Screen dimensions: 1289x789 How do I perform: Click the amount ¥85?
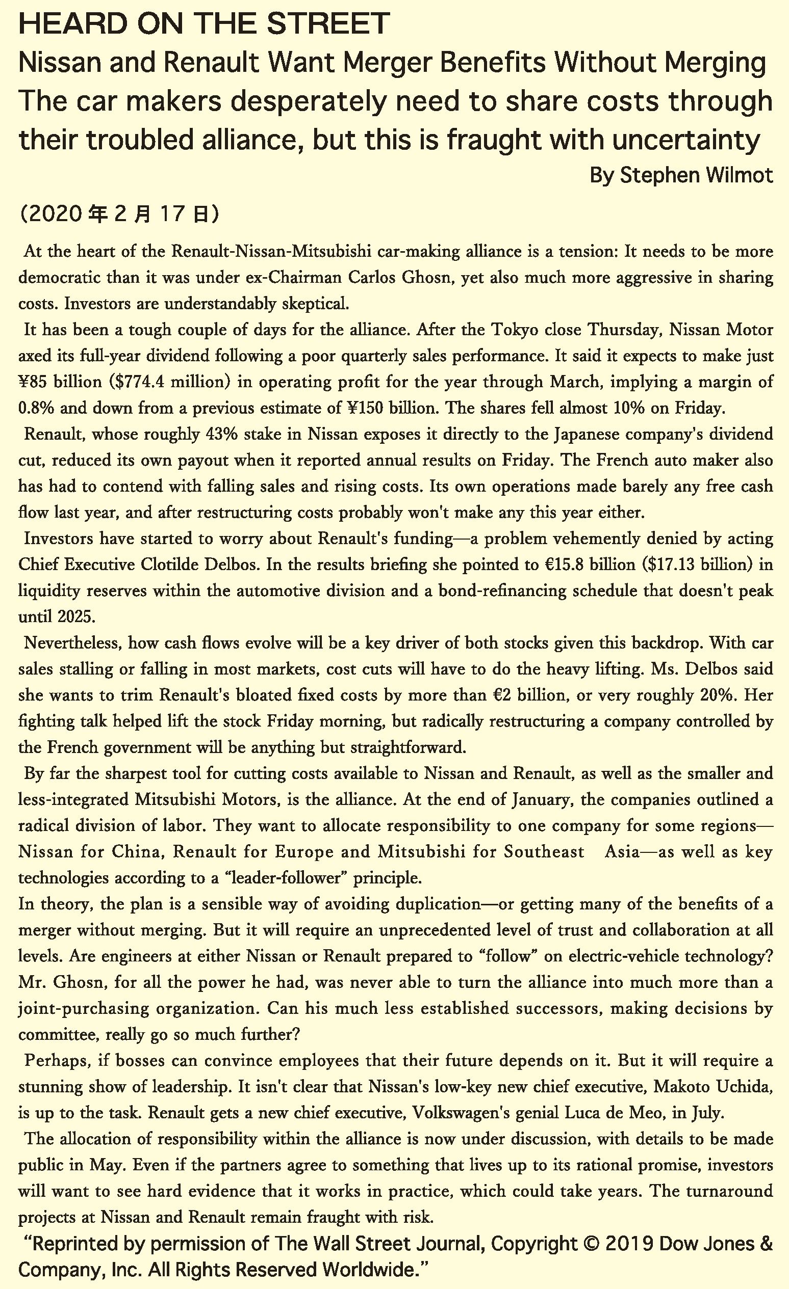pos(33,382)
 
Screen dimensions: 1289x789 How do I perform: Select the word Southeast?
pos(544,851)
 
